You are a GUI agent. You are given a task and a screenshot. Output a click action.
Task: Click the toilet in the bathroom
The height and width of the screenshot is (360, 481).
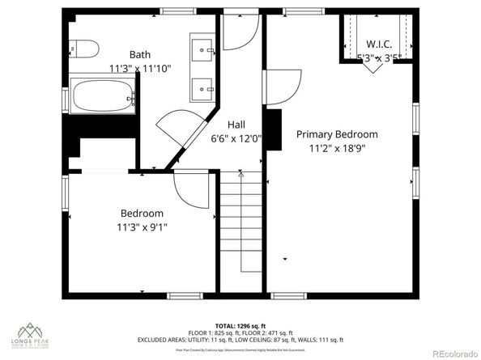pyautogui.click(x=83, y=47)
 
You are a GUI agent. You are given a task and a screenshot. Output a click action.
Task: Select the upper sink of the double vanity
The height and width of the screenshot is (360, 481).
pyautogui.click(x=204, y=50)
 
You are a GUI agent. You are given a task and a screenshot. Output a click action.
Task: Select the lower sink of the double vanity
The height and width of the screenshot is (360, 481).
pyautogui.click(x=204, y=86)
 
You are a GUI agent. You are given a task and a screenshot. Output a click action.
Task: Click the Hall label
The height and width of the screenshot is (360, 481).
pyautogui.click(x=236, y=125)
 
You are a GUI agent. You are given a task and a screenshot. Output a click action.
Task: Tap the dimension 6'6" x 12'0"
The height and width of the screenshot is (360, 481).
pyautogui.click(x=236, y=138)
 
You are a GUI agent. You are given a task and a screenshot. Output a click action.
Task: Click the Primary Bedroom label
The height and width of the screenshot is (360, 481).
pyautogui.click(x=337, y=134)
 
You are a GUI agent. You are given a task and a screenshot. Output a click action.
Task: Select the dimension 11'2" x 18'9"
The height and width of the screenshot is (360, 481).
pyautogui.click(x=337, y=148)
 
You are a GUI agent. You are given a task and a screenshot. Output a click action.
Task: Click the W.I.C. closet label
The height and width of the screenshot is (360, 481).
pyautogui.click(x=379, y=44)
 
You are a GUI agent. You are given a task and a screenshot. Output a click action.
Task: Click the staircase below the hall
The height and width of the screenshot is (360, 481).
pyautogui.click(x=243, y=235)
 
